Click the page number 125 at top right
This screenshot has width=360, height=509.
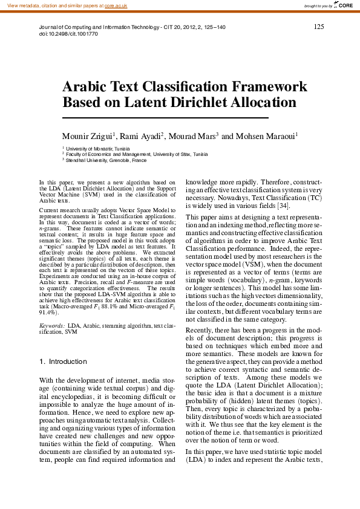tap(319, 27)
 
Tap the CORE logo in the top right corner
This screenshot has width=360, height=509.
tap(342, 5)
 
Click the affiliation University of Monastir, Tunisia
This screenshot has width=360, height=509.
tap(97, 148)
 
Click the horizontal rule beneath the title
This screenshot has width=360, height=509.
tap(165, 117)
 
